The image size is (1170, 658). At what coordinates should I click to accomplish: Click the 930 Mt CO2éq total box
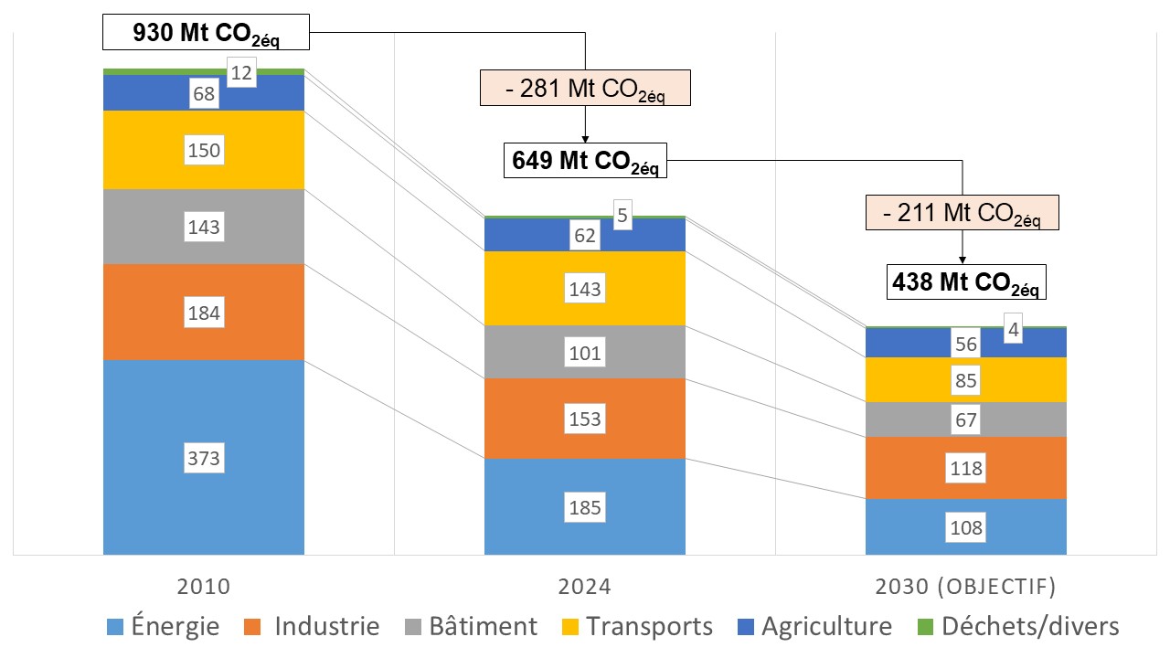[x=207, y=35]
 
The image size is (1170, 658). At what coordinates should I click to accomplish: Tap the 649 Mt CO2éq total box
[x=585, y=161]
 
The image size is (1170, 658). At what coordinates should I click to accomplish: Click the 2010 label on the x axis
[x=204, y=586]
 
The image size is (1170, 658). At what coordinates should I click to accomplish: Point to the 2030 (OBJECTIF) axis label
[x=965, y=586]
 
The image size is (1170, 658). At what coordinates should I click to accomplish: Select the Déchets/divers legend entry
[x=1019, y=626]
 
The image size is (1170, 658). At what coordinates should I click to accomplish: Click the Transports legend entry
[x=636, y=626]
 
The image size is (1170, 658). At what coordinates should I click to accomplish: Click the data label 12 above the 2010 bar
[x=241, y=73]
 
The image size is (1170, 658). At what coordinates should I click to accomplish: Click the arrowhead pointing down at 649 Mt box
[x=585, y=138]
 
